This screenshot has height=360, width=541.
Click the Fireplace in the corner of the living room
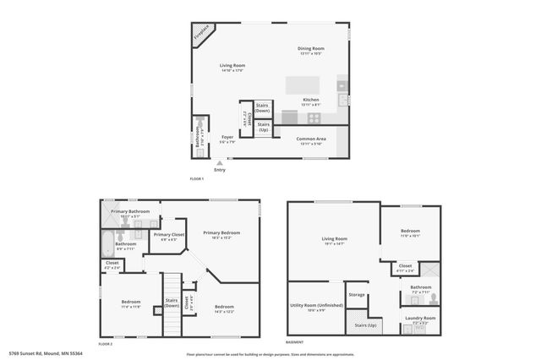(201, 34)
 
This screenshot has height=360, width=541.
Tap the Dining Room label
(311, 48)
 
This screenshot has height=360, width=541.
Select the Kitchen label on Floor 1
(311, 99)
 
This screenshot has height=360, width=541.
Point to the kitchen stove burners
(314, 117)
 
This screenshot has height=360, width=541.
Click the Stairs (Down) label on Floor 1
(263, 108)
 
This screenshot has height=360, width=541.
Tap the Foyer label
(227, 137)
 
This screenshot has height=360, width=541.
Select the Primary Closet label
(168, 235)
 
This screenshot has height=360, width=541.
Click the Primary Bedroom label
(221, 232)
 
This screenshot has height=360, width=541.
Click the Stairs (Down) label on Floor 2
(172, 303)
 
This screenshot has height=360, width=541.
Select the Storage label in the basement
(357, 294)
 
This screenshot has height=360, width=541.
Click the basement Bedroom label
(409, 231)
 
